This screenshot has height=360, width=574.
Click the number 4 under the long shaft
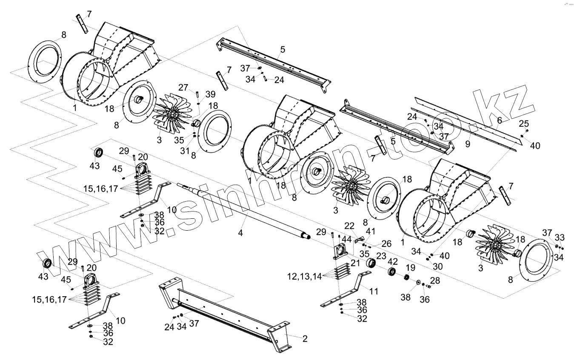click(x=240, y=233)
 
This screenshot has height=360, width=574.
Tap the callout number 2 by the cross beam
click(x=305, y=339)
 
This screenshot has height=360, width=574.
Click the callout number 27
click(x=183, y=88)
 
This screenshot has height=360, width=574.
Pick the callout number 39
click(x=210, y=94)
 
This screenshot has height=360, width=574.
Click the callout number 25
click(x=524, y=124)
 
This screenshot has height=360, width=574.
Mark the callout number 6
click(x=500, y=120)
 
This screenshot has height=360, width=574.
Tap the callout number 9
click(x=468, y=144)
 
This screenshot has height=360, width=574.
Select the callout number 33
click(x=560, y=237)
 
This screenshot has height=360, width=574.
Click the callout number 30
click(x=438, y=266)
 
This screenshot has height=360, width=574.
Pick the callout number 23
click(x=381, y=256)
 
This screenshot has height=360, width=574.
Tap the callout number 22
click(x=349, y=225)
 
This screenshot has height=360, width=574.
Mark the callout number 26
click(x=386, y=243)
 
